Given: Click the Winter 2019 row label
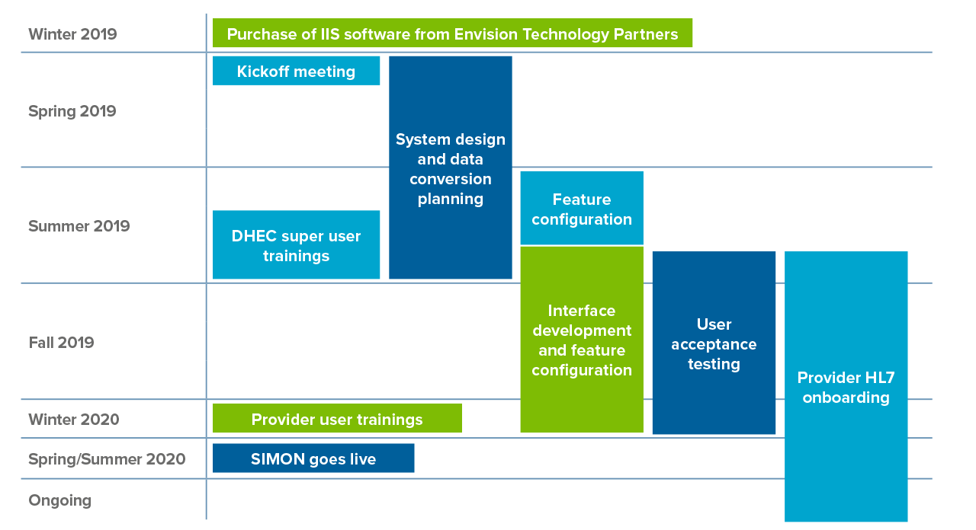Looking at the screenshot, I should coord(72,34).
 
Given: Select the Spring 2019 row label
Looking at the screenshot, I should coord(72,111).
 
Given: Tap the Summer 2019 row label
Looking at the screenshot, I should coord(79,226).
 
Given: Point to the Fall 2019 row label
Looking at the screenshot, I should coord(61,343).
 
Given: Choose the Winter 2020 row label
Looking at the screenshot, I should coord(74,420).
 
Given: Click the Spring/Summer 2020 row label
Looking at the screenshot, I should coord(107,459).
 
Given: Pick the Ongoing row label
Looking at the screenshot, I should coord(59,500).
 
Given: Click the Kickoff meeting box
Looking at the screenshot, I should coord(296,71).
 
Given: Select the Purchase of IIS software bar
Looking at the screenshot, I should coord(452,34).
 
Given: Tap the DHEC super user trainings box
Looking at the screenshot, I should coord(296,244).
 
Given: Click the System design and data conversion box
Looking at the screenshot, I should coord(450,168).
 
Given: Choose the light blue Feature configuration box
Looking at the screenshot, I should coord(582,208).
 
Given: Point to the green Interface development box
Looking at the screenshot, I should coord(582,340).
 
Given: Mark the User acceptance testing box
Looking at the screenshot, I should coord(714,343).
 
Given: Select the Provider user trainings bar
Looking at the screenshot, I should coord(337,419).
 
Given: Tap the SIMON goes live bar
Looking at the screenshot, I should coord(313,458).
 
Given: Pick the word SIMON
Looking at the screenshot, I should coord(276,459).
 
